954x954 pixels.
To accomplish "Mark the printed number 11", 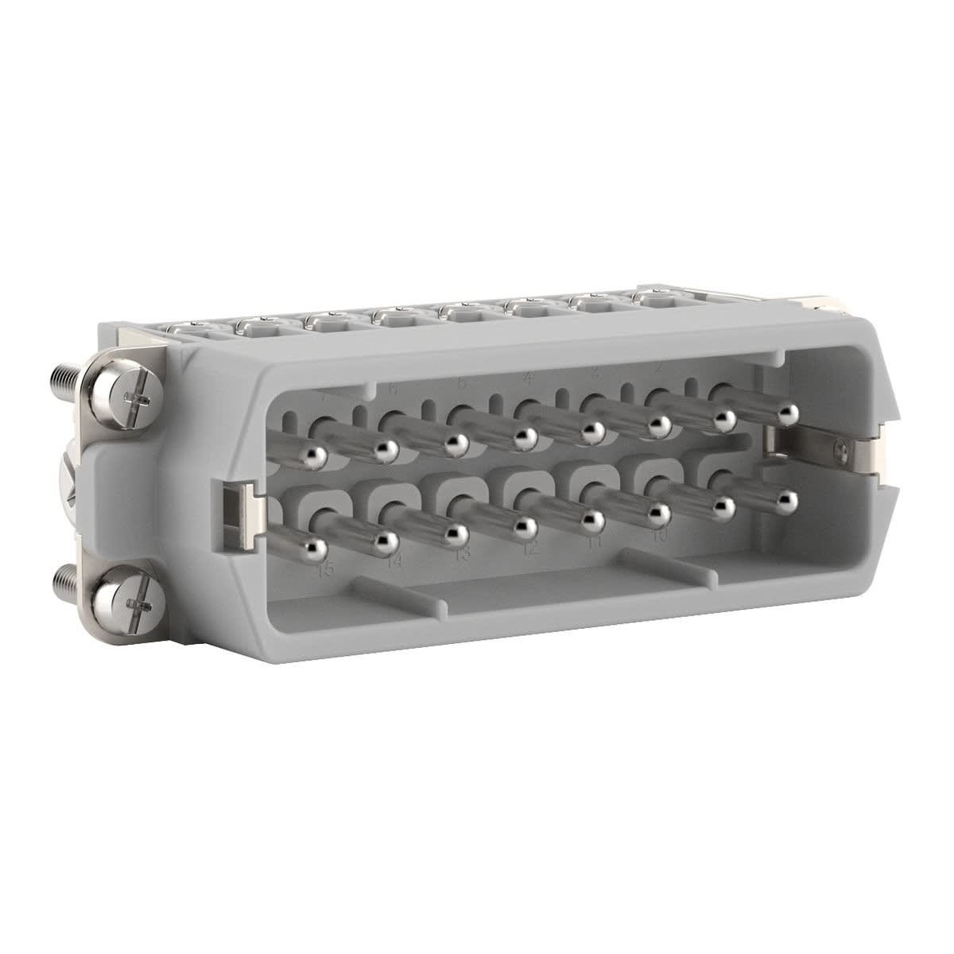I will tap(595, 541).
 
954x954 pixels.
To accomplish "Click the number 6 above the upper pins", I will tap(393, 390).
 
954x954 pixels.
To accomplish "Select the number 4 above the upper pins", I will tap(528, 379).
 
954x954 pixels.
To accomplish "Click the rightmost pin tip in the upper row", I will tap(788, 412).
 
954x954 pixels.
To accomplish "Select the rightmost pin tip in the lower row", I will tap(787, 499).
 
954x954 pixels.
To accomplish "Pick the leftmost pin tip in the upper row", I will tap(312, 455).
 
